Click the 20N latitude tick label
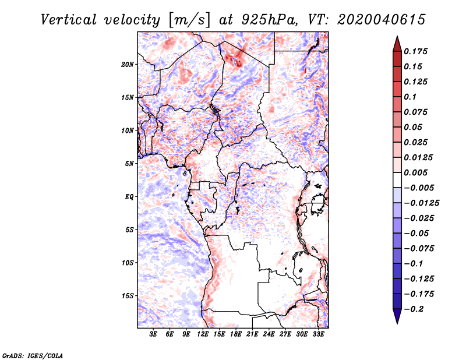pos(128,64)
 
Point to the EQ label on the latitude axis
pos(129,196)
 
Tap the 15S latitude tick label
pos(128,295)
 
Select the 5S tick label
pos(130,230)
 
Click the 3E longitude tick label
pos(153,334)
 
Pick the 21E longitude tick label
pos(252,334)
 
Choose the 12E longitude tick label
pos(203,334)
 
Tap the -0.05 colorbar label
pos(417,233)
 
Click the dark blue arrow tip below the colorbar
pos(397,320)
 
